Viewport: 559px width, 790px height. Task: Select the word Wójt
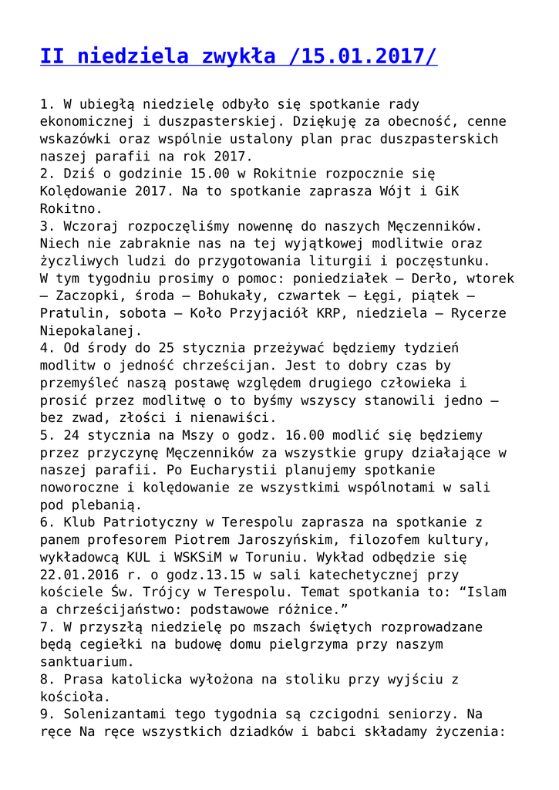(402, 191)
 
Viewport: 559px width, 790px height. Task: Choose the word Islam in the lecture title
(482, 592)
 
